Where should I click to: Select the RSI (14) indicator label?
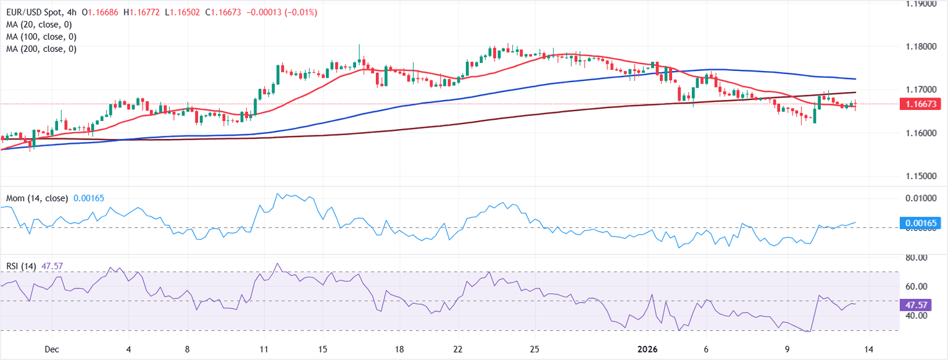(20, 266)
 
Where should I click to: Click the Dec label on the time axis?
(52, 349)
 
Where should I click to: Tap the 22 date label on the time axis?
(458, 349)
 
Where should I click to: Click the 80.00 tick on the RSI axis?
(917, 257)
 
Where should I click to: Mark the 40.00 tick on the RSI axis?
(917, 316)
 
